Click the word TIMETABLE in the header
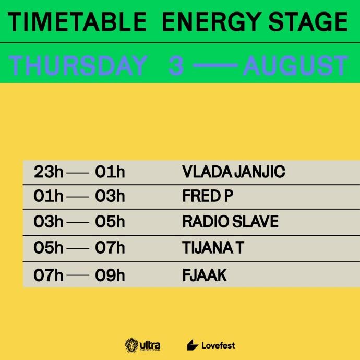[78, 22]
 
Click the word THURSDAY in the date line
[78, 66]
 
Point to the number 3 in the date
[176, 66]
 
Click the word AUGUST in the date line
[295, 66]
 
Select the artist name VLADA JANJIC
[233, 172]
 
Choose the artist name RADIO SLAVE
[230, 222]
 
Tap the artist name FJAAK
[205, 274]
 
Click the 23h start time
[49, 172]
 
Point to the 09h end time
[110, 274]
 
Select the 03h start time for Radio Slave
[49, 222]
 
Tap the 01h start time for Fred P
[49, 197]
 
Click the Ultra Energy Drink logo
[142, 345]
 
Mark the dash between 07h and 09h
[79, 275]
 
